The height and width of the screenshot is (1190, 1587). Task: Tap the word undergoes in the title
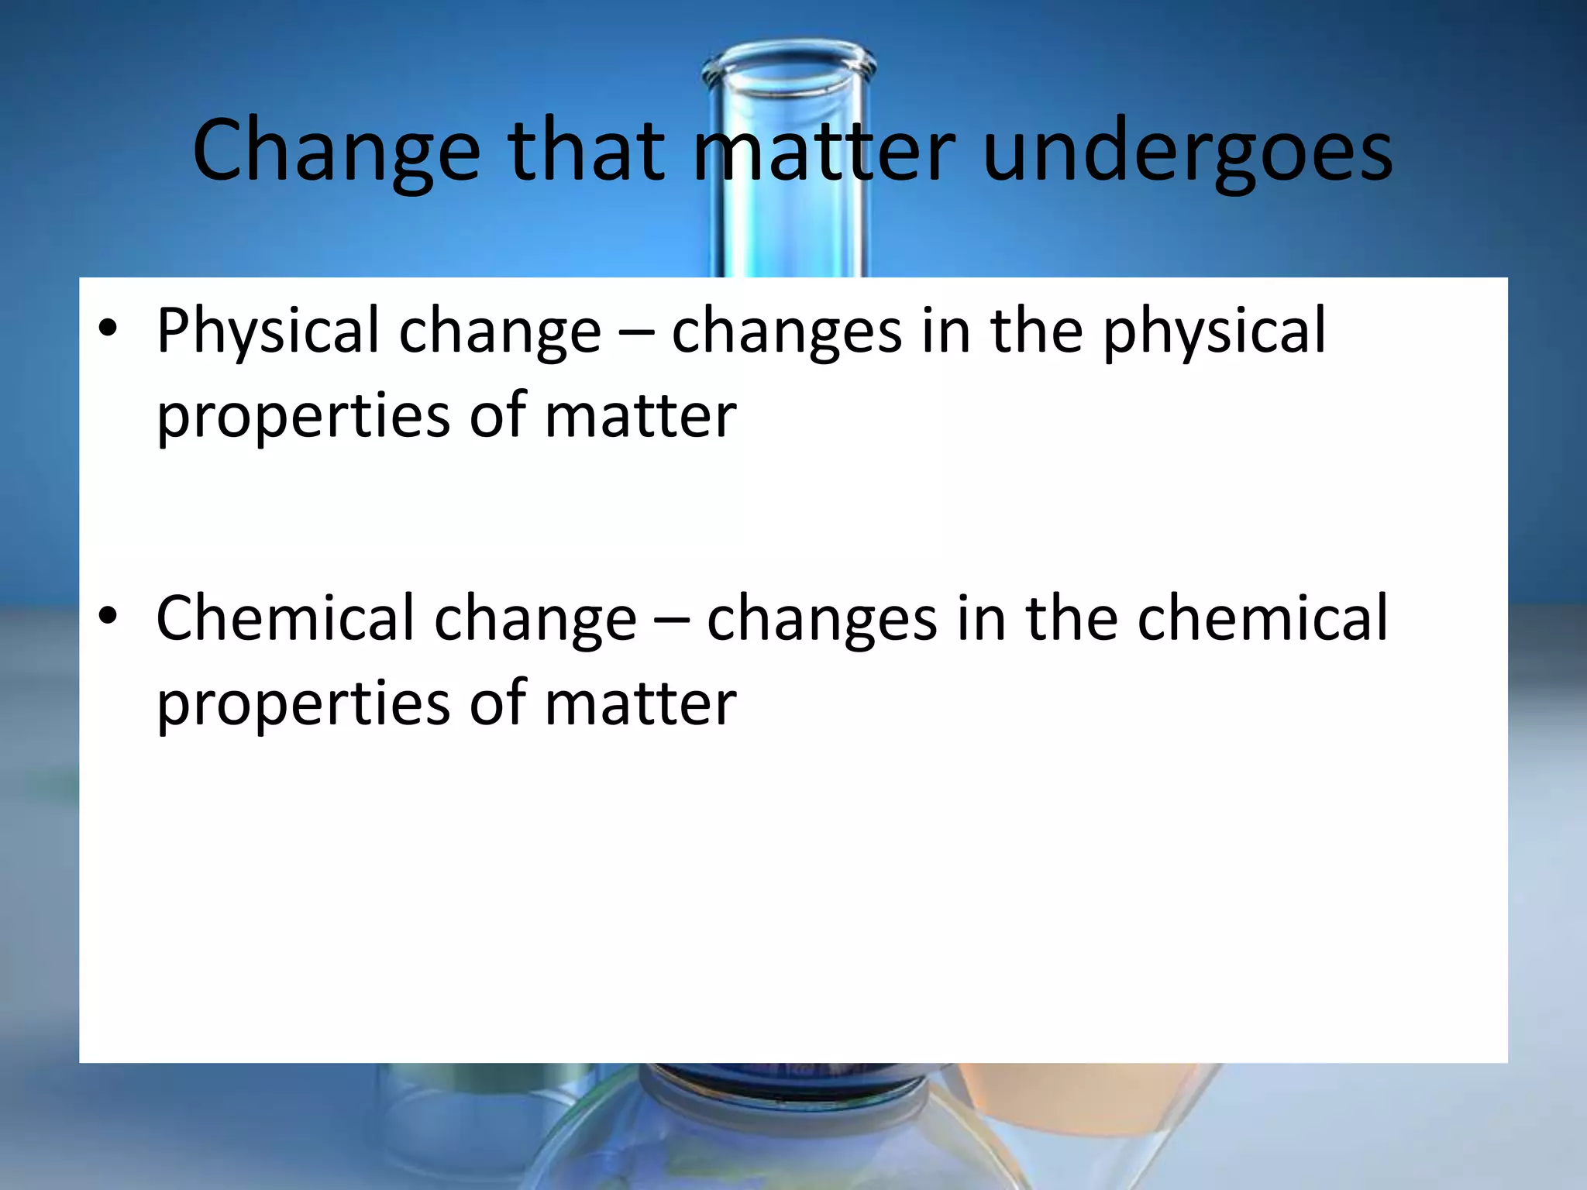[1187, 151]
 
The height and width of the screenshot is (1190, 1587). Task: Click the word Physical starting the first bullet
[267, 332]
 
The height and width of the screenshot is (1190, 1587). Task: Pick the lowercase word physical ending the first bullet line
[1214, 332]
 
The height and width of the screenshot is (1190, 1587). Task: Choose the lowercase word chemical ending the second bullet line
[1262, 618]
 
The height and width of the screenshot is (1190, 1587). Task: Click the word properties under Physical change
[303, 417]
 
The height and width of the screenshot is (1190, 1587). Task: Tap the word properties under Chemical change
[303, 704]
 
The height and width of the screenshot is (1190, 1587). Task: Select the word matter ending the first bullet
[640, 417]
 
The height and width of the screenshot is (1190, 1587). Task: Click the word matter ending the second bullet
[640, 704]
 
